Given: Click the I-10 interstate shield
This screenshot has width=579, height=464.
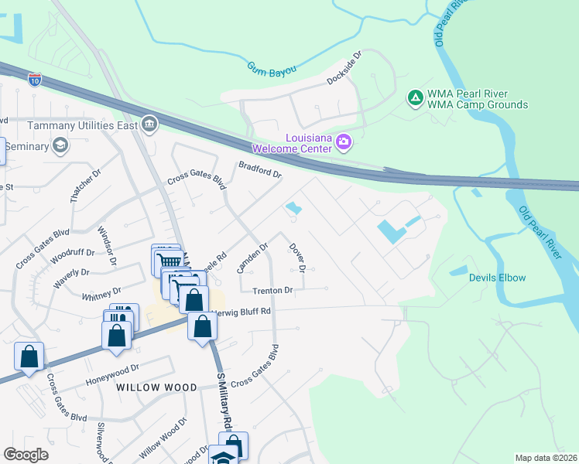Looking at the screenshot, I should [34, 78].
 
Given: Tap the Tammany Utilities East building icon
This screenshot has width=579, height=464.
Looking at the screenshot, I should [149, 124].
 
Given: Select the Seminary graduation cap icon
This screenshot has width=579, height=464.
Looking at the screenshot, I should [60, 145].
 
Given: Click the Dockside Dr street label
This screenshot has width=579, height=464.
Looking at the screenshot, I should [344, 69].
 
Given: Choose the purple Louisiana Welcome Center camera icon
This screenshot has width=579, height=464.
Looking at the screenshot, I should [343, 141].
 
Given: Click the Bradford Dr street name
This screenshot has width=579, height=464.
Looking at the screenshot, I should [259, 169].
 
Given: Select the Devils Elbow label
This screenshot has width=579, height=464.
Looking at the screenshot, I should [497, 278].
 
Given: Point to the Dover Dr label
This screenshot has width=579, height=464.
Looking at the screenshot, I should [298, 258].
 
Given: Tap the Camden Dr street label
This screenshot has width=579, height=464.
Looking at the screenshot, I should [252, 258].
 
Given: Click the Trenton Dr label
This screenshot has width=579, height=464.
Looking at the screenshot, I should [272, 291].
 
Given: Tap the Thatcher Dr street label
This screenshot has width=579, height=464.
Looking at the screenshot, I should [85, 186].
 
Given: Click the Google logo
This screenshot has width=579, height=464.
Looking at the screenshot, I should [26, 455].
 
